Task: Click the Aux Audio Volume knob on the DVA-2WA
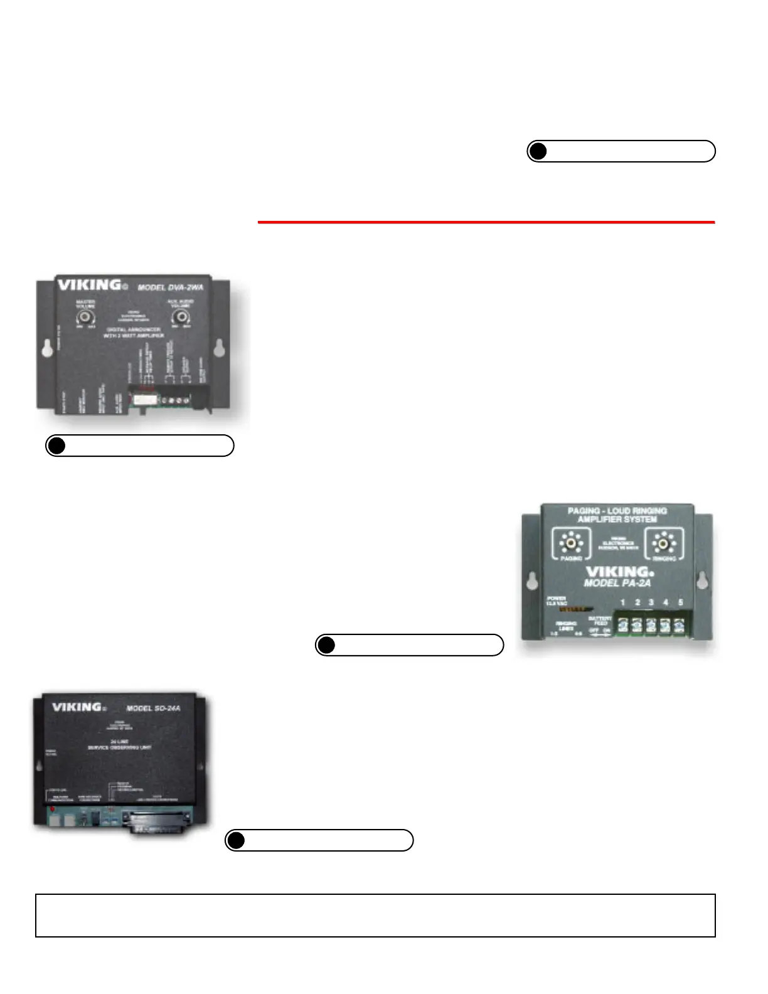pyautogui.click(x=182, y=317)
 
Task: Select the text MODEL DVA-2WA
pyautogui.click(x=170, y=287)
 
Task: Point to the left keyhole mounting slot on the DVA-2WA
pyautogui.click(x=48, y=349)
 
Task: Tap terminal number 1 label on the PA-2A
pyautogui.click(x=622, y=602)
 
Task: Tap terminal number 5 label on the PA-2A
pyautogui.click(x=680, y=602)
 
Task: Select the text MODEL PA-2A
pyautogui.click(x=617, y=584)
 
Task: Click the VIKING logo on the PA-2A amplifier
pyautogui.click(x=619, y=572)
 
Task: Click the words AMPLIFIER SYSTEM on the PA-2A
pyautogui.click(x=617, y=520)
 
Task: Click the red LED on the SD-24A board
pyautogui.click(x=52, y=809)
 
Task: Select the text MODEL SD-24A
pyautogui.click(x=153, y=708)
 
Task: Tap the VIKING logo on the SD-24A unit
pyautogui.click(x=77, y=707)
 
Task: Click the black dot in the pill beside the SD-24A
pyautogui.click(x=236, y=840)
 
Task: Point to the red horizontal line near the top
pyautogui.click(x=486, y=222)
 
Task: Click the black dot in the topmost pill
pyautogui.click(x=538, y=151)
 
